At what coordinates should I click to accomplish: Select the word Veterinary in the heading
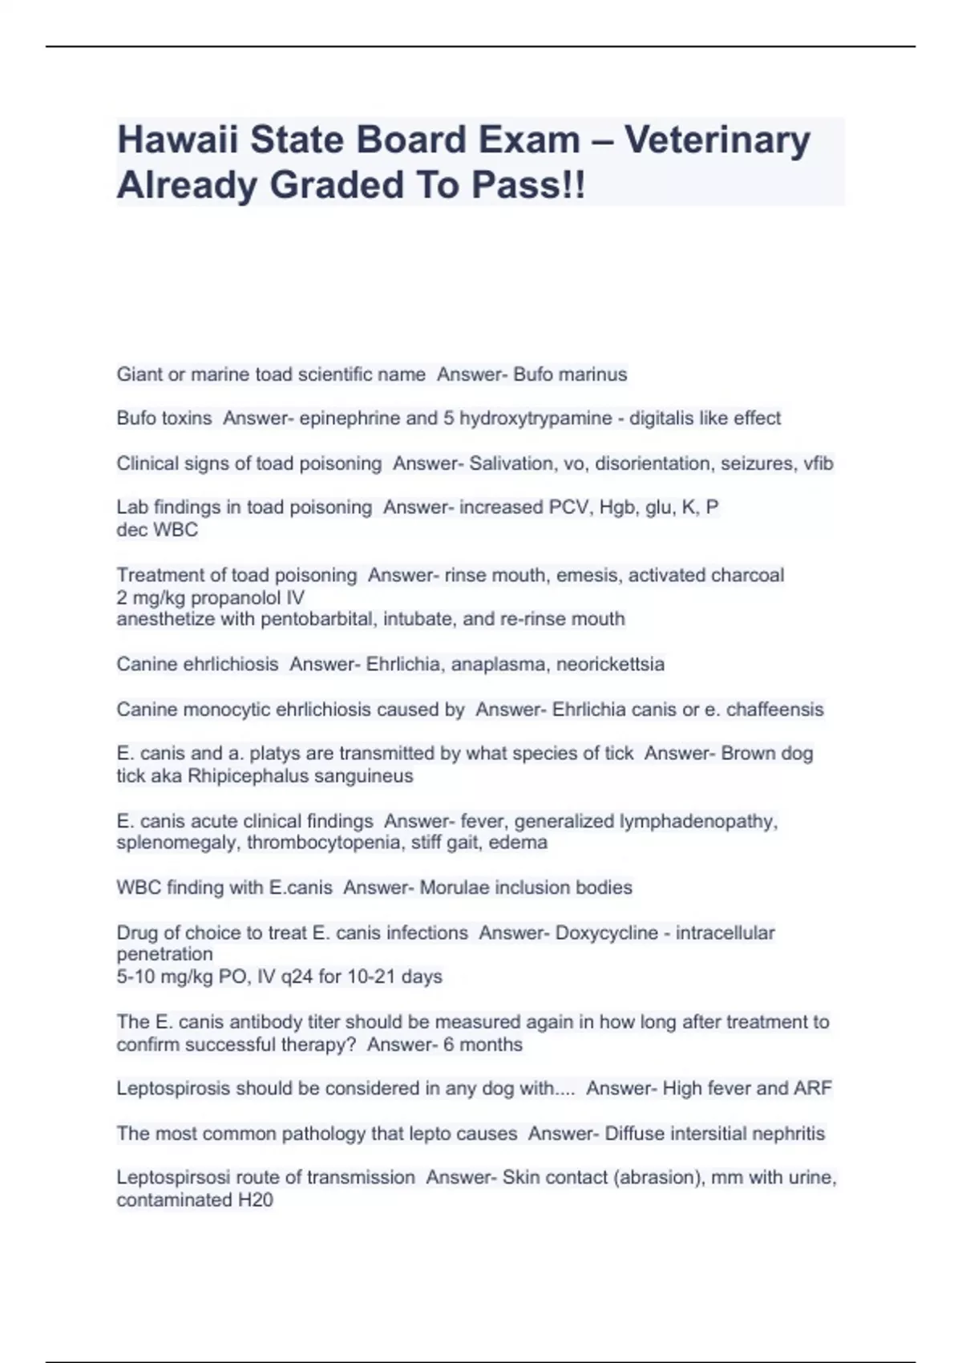pyautogui.click(x=717, y=140)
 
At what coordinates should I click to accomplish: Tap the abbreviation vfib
pyautogui.click(x=818, y=463)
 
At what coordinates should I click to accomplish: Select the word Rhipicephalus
pyautogui.click(x=247, y=776)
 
